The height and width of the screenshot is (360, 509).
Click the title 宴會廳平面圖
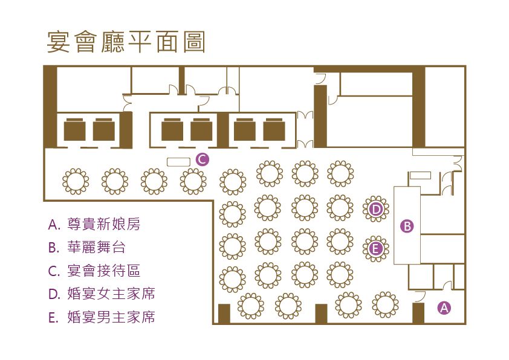[x=126, y=42]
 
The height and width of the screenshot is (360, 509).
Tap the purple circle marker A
[x=444, y=307]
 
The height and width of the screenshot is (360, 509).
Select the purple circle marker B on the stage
[x=407, y=226]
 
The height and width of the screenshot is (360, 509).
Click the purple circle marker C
[x=203, y=159]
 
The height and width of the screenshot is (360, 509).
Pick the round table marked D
[x=376, y=209]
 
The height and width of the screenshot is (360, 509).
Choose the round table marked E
[x=375, y=248]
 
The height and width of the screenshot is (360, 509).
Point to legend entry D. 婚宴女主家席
[x=102, y=294]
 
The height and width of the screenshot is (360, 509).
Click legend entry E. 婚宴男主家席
[x=102, y=317]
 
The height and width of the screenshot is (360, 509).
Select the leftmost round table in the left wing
[x=76, y=181]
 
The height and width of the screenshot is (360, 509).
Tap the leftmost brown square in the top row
[x=75, y=130]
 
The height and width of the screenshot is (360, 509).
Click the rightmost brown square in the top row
[x=274, y=130]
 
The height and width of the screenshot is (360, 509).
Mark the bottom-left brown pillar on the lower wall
[x=224, y=313]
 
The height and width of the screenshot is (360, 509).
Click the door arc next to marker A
[x=419, y=295]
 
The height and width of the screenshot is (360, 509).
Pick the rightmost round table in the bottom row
[x=384, y=304]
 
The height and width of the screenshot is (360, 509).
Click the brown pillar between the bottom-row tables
[x=321, y=313]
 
